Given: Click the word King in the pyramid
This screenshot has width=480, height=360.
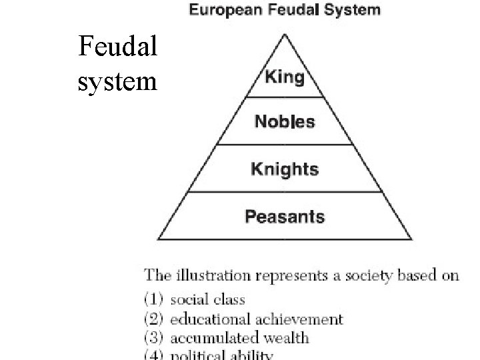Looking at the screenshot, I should (285, 77).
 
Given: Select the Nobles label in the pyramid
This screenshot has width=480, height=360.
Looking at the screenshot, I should (285, 122).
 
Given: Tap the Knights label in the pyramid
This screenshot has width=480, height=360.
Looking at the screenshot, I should (285, 169).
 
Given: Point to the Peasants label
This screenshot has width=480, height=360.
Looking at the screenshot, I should (285, 217).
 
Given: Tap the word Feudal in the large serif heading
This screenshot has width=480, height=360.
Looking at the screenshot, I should (118, 46).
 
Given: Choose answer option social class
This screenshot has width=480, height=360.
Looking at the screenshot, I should (207, 299).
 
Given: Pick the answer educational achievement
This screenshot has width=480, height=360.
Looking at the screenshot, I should (256, 319).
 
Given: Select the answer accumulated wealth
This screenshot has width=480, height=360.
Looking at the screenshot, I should (239, 337).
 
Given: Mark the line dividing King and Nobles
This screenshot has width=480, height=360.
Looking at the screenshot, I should (285, 97).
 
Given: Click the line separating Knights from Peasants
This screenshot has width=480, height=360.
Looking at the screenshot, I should (285, 192).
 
